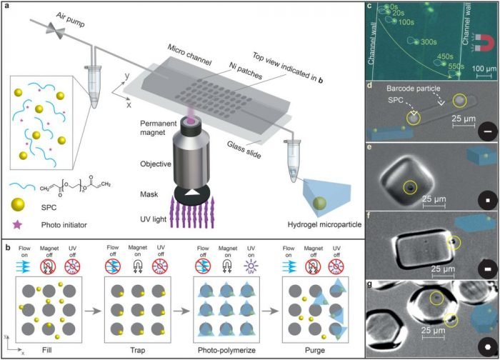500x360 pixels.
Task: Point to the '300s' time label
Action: point(429,42)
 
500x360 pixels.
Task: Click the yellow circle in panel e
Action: point(410,188)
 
